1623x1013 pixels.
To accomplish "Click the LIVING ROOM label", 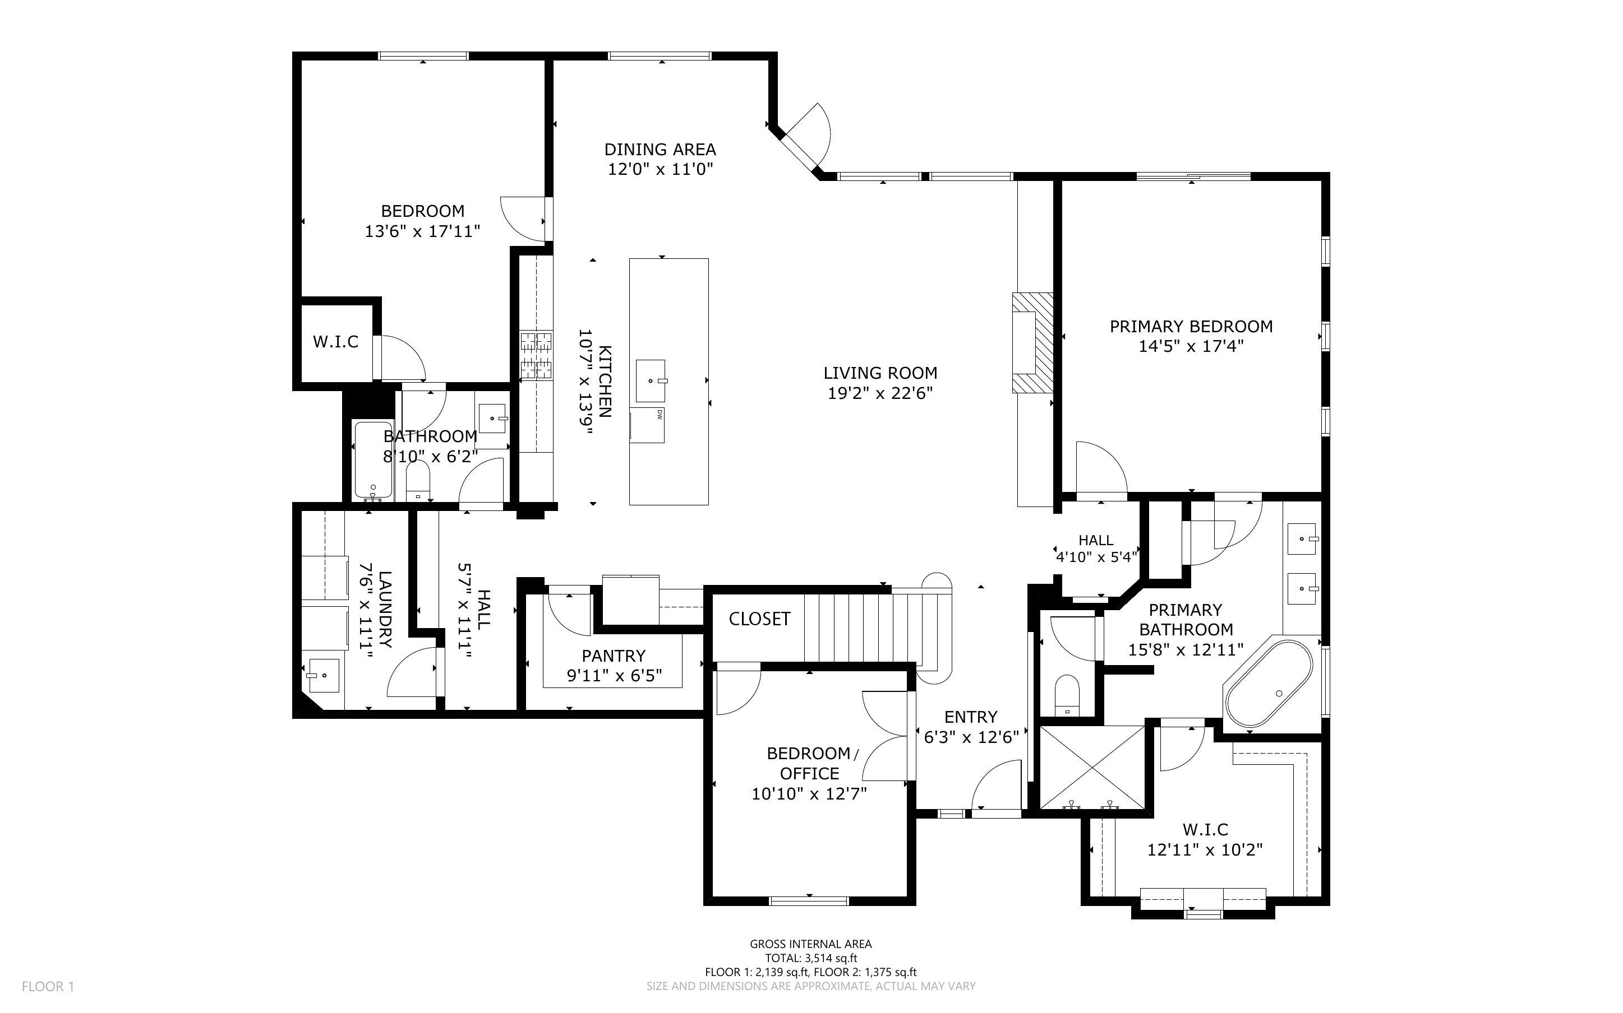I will (880, 373).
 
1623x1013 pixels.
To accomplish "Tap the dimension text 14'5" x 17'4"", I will (1191, 346).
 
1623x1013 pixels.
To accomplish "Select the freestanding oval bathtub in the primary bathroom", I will (1269, 684).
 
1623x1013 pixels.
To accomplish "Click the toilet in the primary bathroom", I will (1067, 695).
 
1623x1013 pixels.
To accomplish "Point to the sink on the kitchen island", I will (651, 380).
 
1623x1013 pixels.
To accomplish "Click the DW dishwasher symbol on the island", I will (659, 415).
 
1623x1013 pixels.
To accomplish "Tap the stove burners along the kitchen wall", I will (536, 355).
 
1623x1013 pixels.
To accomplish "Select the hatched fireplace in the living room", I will (1032, 342).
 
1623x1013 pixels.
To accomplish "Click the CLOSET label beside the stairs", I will (759, 619).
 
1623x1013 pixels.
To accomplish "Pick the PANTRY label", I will (614, 656).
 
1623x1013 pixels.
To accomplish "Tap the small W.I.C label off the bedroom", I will (335, 342).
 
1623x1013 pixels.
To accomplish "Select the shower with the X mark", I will (1091, 768).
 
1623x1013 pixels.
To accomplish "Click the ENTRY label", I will (970, 717).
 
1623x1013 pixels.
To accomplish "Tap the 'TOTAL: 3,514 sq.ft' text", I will (810, 958).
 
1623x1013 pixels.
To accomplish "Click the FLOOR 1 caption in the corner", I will (48, 986).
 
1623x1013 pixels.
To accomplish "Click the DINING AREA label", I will (660, 150).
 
